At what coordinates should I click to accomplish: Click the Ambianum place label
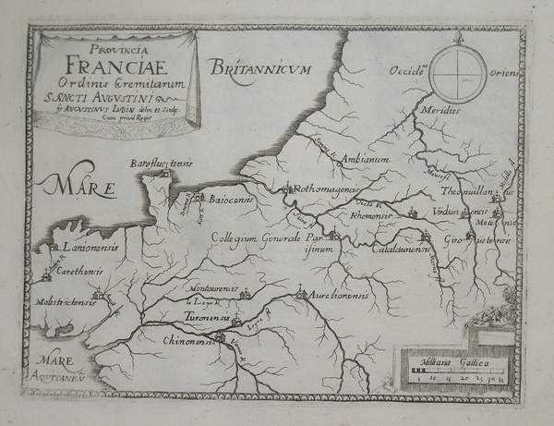point(367,159)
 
